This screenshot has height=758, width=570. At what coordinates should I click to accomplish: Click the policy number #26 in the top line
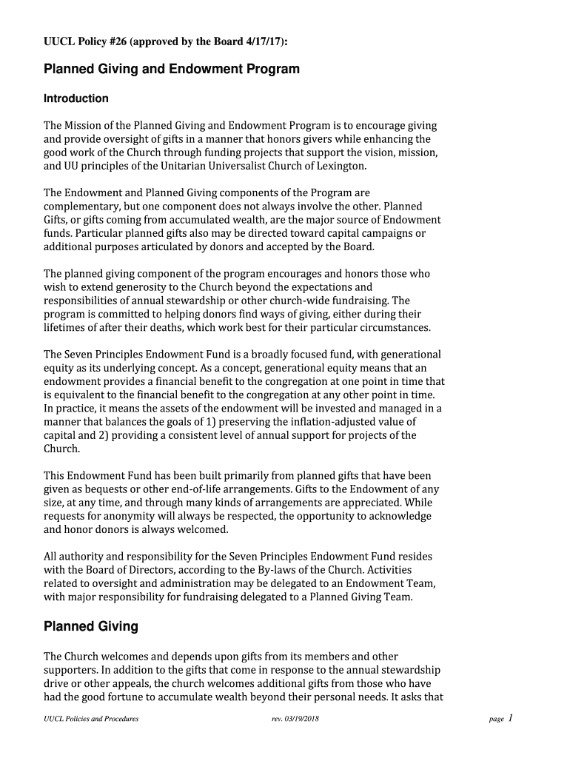(116, 41)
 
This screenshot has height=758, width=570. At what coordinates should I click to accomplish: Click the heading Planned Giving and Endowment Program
(172, 70)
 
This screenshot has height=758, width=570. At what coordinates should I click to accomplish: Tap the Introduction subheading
(76, 99)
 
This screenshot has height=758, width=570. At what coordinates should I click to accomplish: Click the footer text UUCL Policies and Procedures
(91, 719)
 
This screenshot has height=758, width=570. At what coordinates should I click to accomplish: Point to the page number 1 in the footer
(511, 718)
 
